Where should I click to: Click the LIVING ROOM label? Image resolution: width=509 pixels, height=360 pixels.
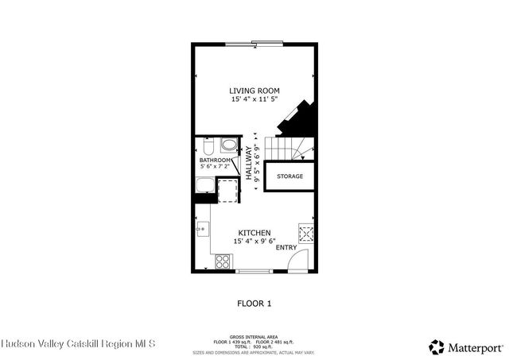254,91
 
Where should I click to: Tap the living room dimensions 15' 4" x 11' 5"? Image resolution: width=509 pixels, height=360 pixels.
254,100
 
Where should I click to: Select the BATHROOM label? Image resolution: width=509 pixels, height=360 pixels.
216,160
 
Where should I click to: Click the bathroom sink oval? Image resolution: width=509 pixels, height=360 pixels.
228,145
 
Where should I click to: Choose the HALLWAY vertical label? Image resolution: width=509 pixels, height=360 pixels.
249,165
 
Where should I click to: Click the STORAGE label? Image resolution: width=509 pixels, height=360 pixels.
289,176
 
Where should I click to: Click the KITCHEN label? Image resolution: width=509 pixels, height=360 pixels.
254,232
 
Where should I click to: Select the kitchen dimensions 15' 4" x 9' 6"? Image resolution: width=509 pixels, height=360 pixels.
254,241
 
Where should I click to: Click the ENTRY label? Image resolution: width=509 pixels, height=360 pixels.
286,247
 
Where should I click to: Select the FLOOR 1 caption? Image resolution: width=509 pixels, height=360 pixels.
254,303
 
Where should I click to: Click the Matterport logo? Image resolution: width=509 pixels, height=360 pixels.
466,346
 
